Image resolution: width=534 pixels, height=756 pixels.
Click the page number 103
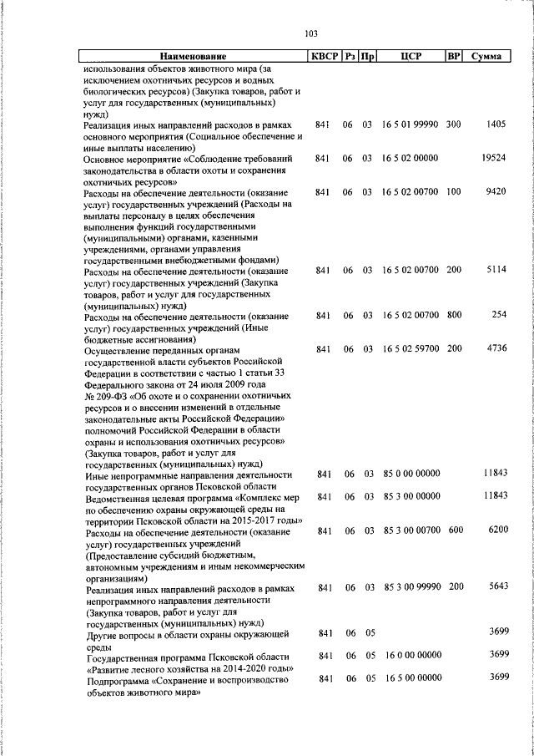click(x=311, y=34)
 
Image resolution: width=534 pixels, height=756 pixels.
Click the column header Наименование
click(x=193, y=57)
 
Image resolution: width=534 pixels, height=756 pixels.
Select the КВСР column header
click(x=325, y=57)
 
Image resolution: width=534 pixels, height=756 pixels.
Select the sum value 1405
click(x=496, y=124)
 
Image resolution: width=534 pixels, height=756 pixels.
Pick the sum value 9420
click(x=496, y=191)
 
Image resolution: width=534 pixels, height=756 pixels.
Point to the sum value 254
click(x=499, y=315)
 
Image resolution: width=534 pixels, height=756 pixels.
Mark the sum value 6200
click(x=496, y=530)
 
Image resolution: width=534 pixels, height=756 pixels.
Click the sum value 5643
click(x=496, y=587)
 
